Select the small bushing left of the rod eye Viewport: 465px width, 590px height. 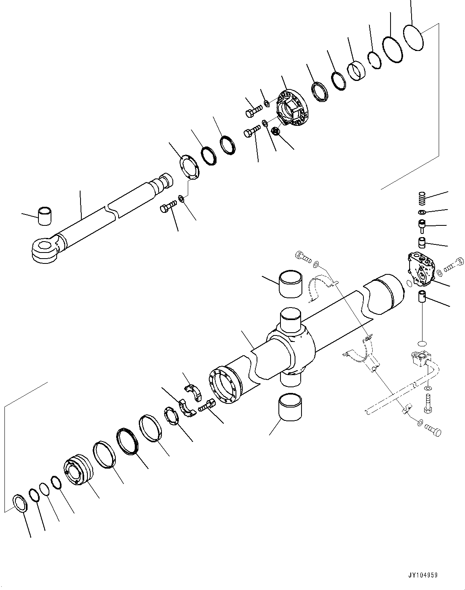[x=45, y=215]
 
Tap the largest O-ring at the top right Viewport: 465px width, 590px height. [x=414, y=38]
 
